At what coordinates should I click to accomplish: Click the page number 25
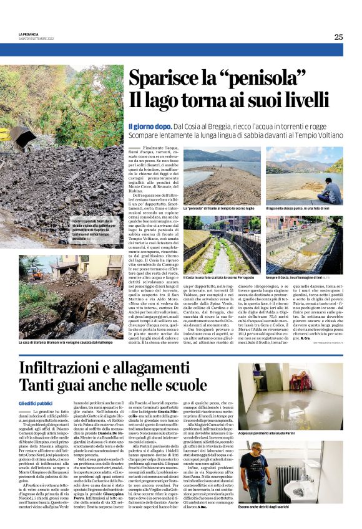pos(338,37)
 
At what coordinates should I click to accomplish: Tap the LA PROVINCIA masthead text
pos(29,34)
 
